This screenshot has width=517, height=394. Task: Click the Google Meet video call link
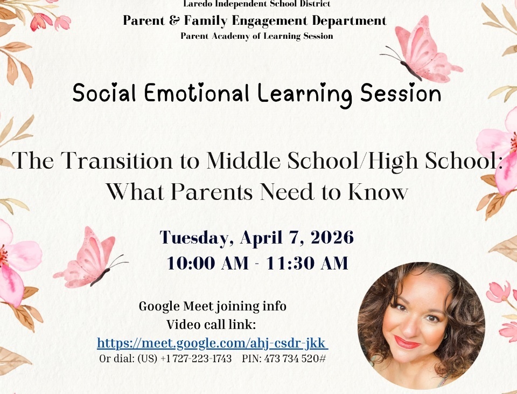[x=212, y=343]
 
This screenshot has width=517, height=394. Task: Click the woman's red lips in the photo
[x=407, y=342]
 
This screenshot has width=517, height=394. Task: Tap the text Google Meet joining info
[x=212, y=307]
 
